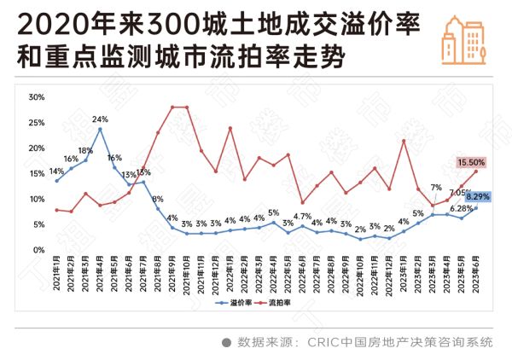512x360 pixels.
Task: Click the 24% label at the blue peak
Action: (100, 119)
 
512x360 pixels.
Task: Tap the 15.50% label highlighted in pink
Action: (471, 162)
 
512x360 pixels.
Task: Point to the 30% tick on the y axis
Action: (36, 97)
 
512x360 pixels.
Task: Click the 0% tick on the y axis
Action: (38, 250)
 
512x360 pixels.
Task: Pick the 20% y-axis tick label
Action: (36, 148)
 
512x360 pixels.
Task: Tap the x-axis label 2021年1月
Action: (56, 272)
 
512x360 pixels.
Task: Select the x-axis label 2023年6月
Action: (475, 272)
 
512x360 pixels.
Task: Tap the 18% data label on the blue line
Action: (86, 150)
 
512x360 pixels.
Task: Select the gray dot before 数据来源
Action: (226, 342)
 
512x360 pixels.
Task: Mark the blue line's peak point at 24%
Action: (101, 129)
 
